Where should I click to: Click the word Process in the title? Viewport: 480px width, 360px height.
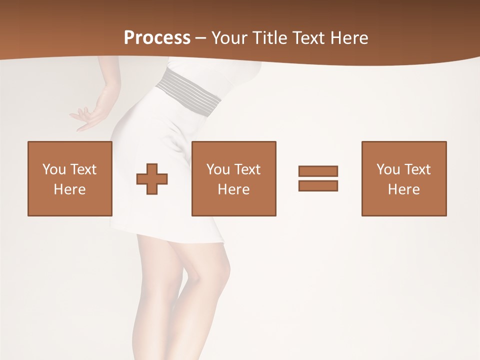tap(157, 38)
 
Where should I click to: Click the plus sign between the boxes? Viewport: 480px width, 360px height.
tap(152, 178)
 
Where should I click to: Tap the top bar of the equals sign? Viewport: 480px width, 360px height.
tap(318, 171)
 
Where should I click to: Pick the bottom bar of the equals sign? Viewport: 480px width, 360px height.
tap(318, 185)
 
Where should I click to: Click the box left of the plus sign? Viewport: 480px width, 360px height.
tap(69, 178)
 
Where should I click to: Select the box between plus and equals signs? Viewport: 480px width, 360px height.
tap(233, 178)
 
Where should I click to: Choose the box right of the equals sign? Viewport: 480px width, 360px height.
tap(403, 178)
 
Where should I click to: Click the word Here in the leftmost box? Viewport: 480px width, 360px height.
tap(69, 189)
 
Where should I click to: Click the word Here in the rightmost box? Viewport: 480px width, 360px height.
tap(403, 189)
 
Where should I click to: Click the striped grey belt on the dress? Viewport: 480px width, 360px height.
tap(189, 92)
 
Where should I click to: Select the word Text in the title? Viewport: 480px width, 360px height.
tap(309, 38)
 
